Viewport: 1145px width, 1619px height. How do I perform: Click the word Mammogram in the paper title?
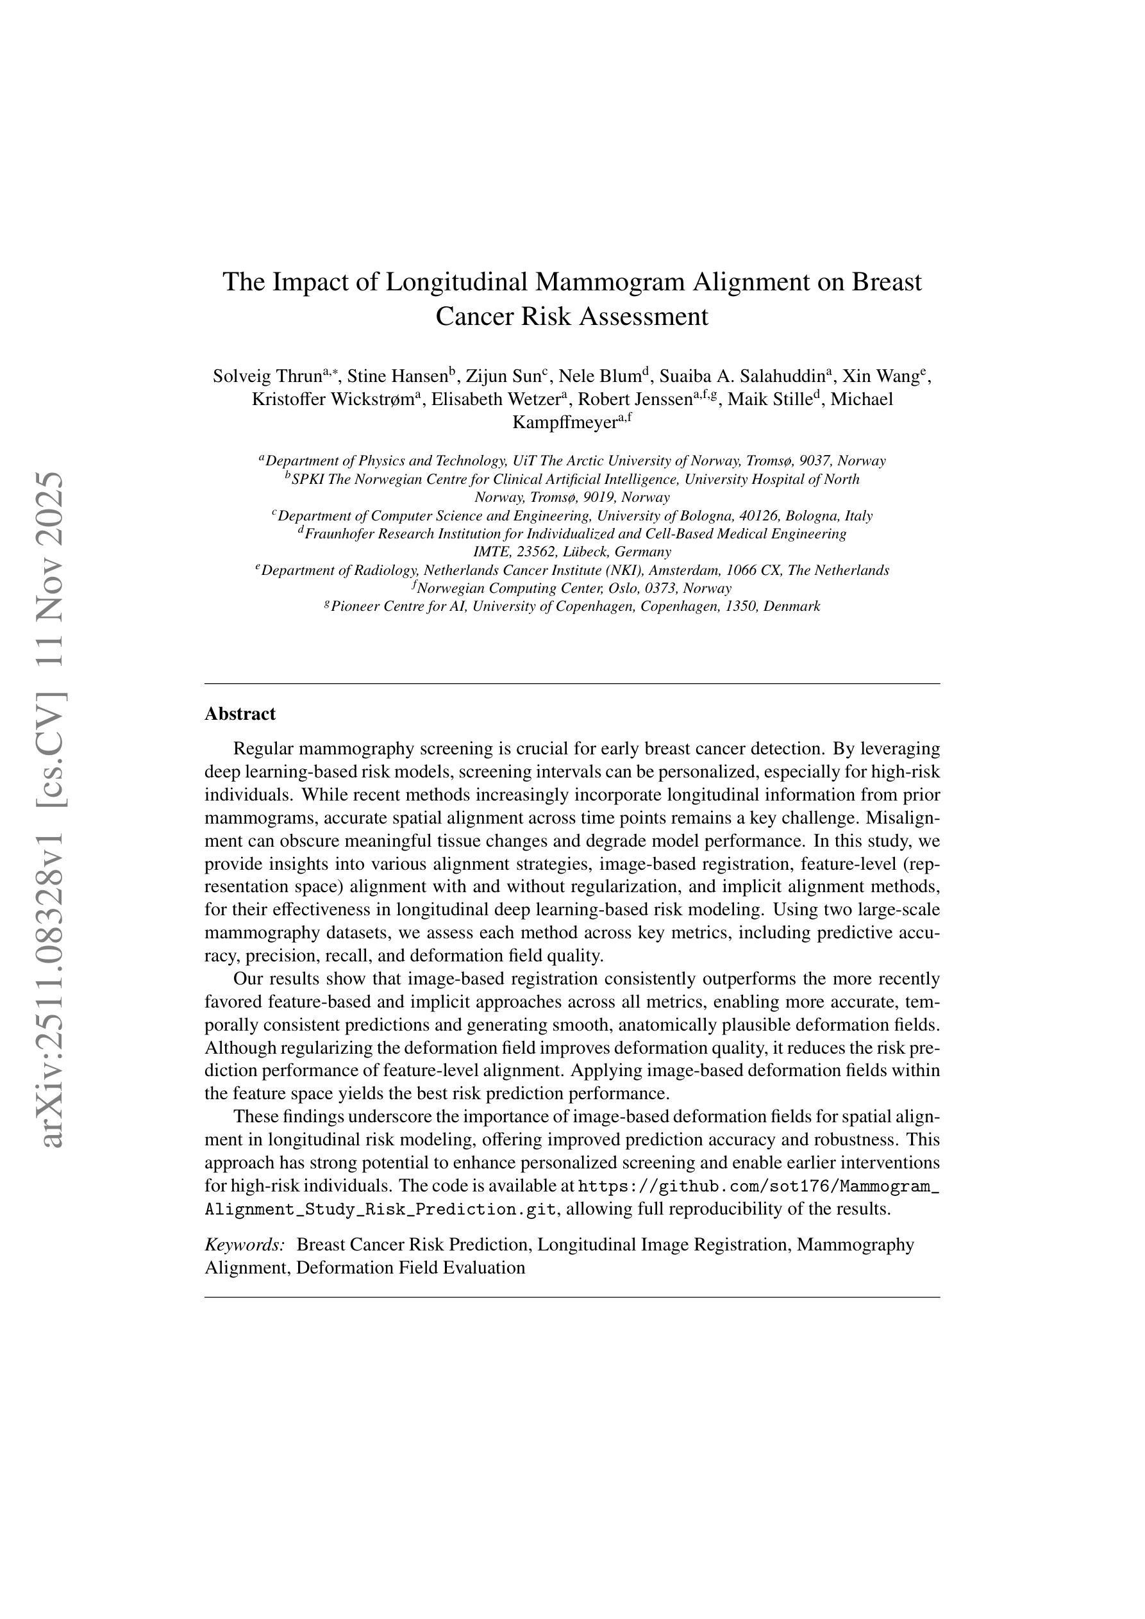tap(610, 282)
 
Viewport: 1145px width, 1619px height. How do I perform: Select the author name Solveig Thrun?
tap(267, 376)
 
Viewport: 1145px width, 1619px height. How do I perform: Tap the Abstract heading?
tap(240, 713)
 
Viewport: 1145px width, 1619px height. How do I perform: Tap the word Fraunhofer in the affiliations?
tap(339, 534)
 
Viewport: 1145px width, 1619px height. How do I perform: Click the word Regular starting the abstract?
tap(262, 748)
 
